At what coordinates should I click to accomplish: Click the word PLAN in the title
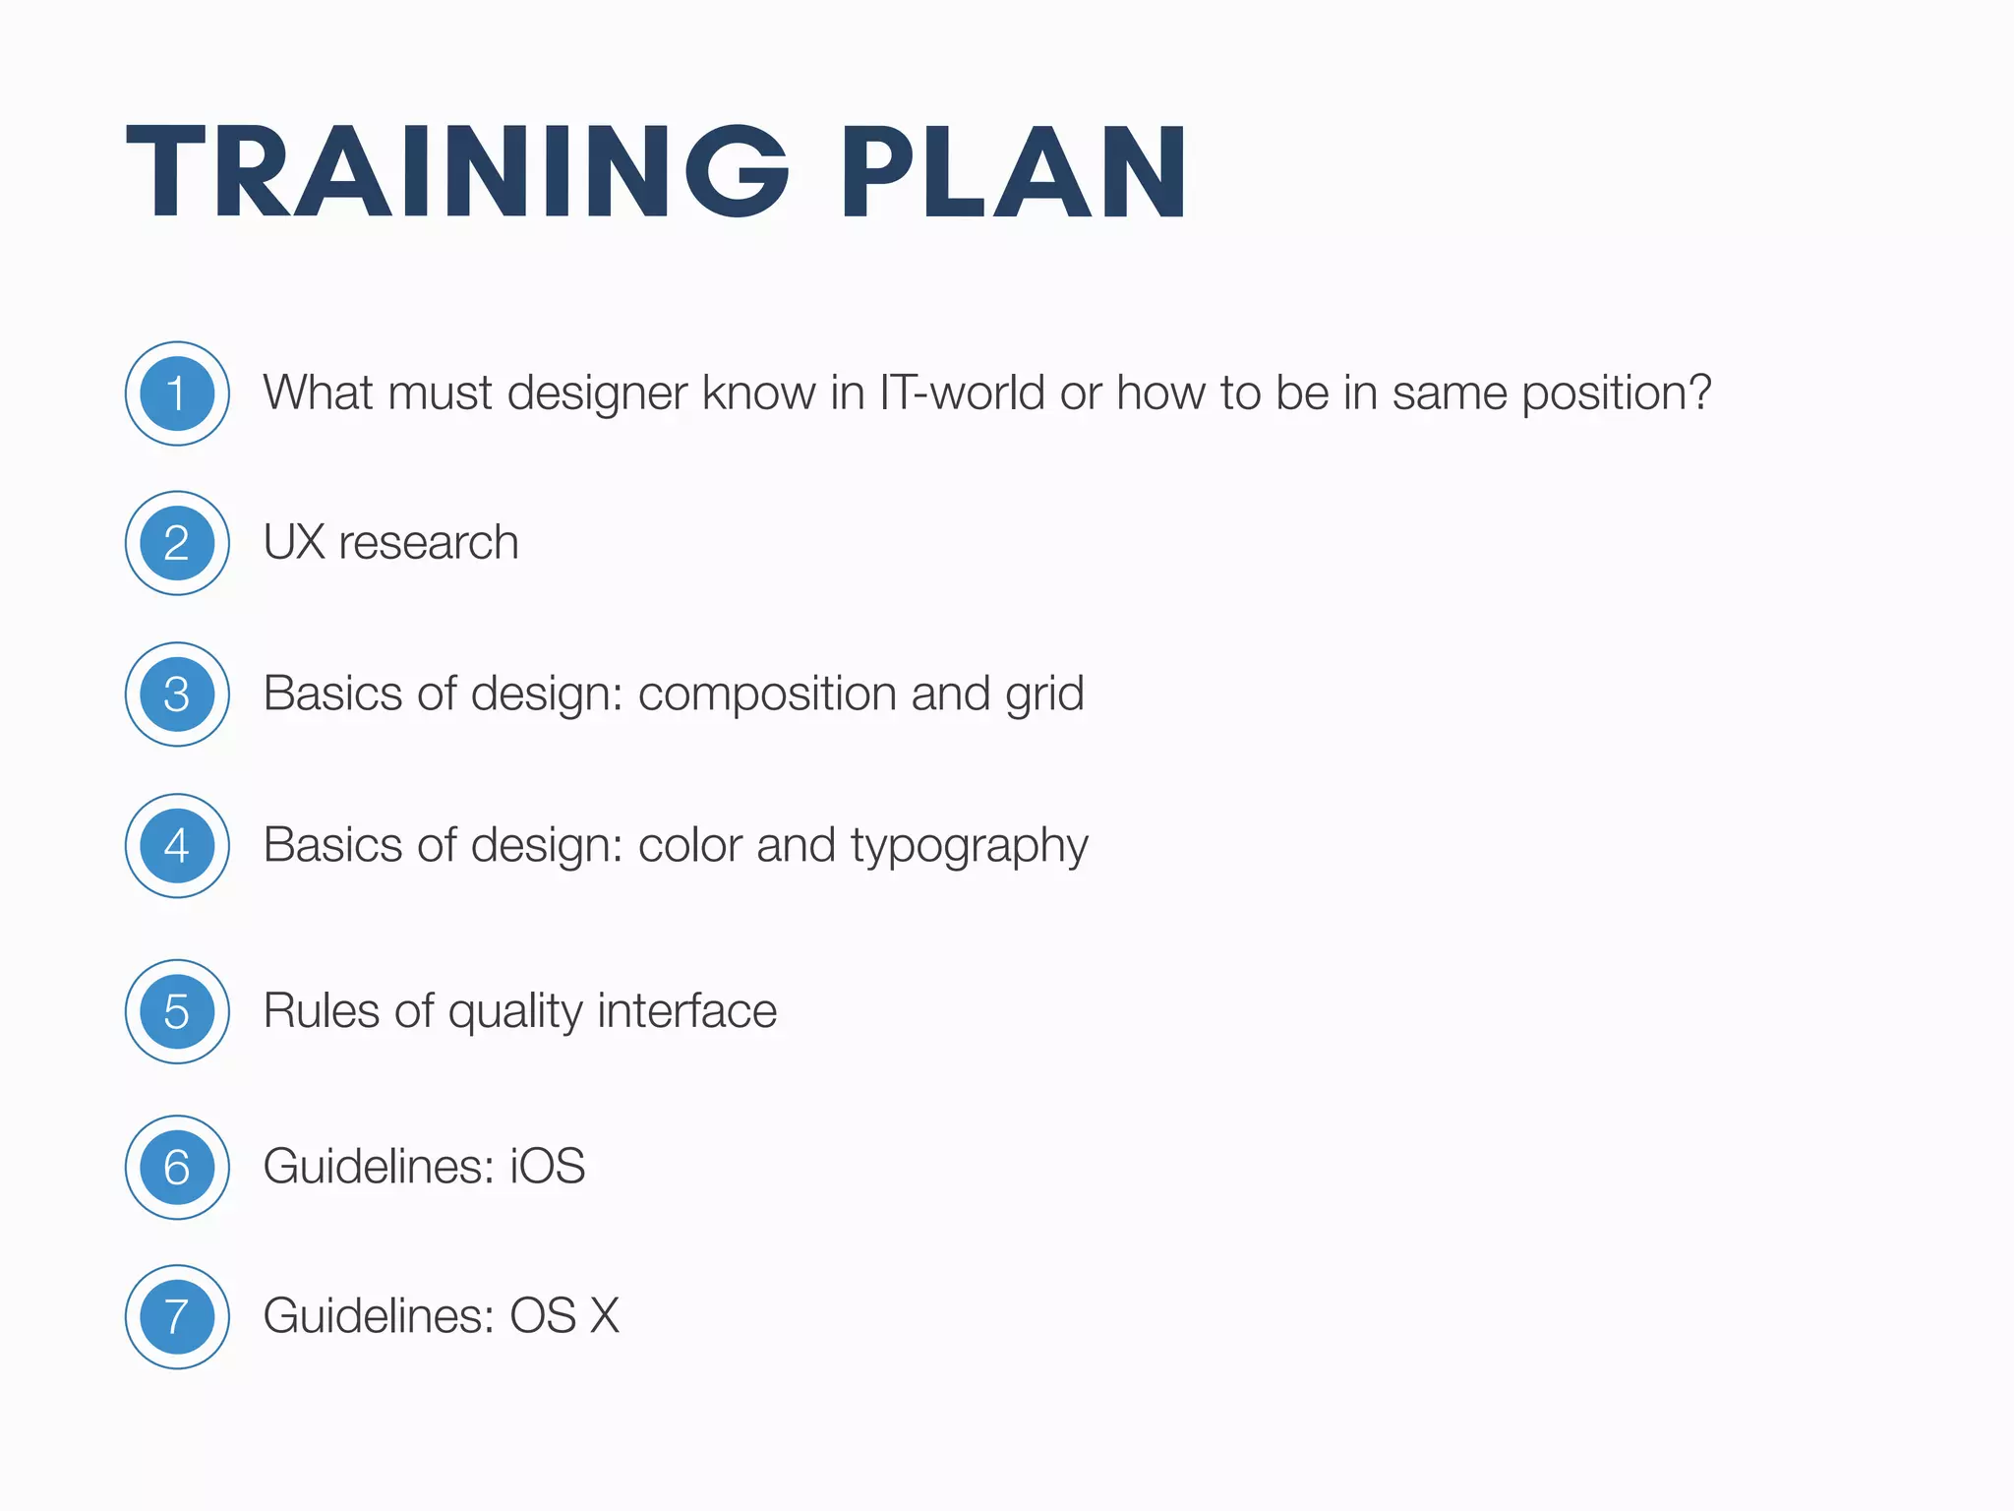pos(1013,172)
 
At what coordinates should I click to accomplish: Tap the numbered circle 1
pos(177,393)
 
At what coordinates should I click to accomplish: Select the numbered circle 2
pos(177,543)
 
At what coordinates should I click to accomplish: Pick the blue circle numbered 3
pos(177,695)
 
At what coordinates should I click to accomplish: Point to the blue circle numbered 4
pos(177,846)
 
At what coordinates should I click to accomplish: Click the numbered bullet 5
pos(177,1011)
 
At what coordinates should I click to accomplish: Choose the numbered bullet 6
pos(177,1167)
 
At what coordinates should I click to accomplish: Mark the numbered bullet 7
pos(177,1316)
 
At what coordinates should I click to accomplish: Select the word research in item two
pos(429,543)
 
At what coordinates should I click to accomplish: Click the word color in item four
pos(689,846)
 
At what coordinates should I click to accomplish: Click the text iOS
pos(547,1167)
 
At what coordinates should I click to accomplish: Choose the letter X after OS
pos(605,1316)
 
